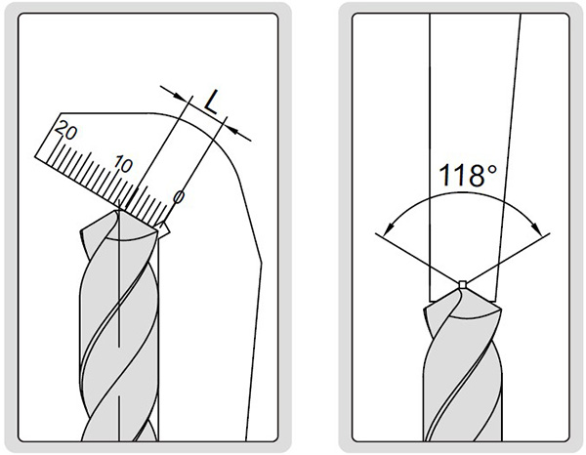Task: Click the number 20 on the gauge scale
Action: point(66,131)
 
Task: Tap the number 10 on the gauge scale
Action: point(123,164)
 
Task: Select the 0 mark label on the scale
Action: point(179,197)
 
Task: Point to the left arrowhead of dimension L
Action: point(179,96)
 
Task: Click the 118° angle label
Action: point(468,175)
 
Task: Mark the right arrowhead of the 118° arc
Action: point(535,226)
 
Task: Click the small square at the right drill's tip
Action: point(462,284)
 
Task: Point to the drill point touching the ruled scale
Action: point(119,210)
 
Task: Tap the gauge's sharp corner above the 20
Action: point(61,113)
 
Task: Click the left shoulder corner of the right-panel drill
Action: point(424,309)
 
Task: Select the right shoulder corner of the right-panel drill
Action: point(500,309)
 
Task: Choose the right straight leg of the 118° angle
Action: point(508,258)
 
